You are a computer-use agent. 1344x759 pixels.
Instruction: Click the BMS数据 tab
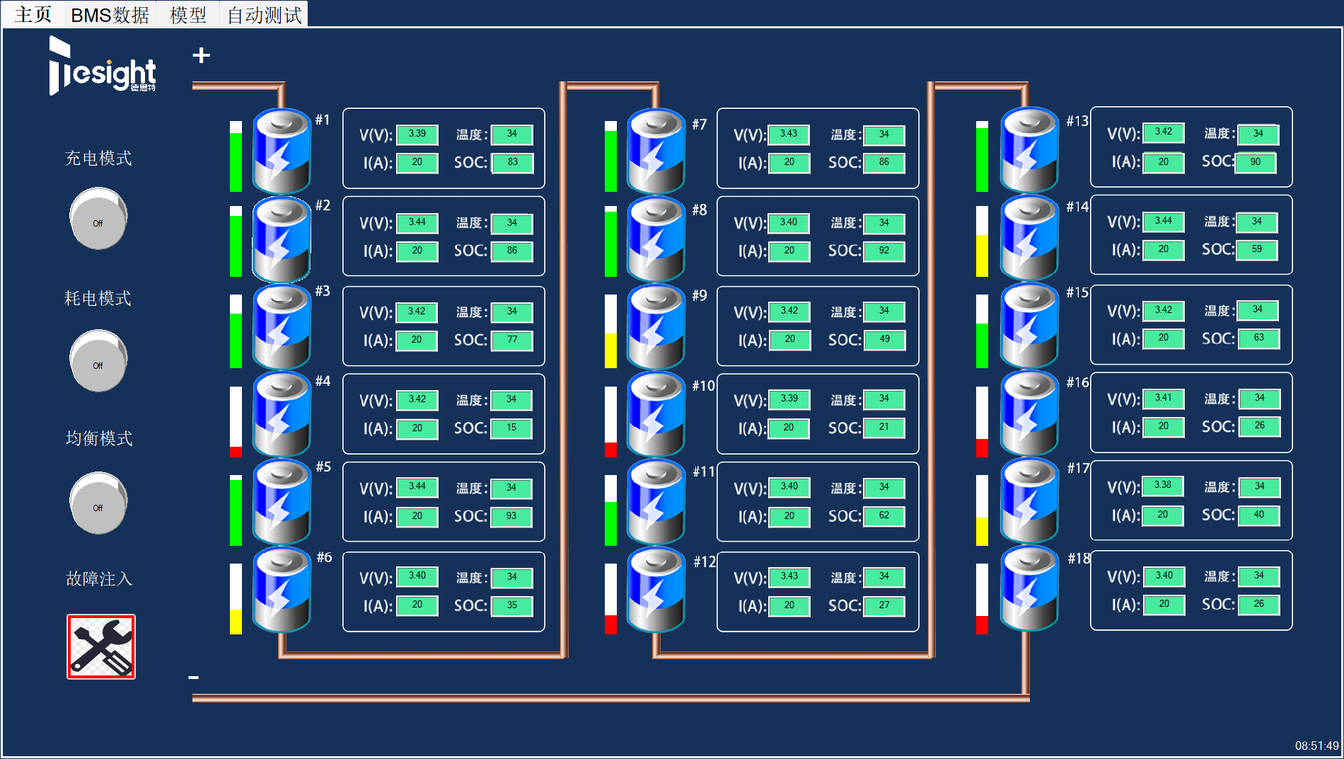pos(110,15)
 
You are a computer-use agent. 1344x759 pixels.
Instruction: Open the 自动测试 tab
pos(264,15)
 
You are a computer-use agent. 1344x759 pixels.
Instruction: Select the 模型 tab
pos(188,15)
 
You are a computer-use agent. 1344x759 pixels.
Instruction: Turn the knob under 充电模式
pos(98,218)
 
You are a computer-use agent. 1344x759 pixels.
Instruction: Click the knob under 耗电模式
pos(98,360)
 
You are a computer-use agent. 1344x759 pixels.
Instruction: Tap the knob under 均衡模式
pos(98,503)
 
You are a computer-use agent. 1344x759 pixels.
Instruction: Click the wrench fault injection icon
pos(101,646)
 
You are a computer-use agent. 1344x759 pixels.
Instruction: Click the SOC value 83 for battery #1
pos(512,163)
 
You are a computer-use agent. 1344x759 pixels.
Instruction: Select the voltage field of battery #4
pos(417,400)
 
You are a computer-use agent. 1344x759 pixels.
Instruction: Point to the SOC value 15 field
pos(511,428)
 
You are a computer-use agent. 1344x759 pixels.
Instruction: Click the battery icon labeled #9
pos(656,326)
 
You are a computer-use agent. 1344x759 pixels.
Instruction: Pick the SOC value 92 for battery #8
pos(884,251)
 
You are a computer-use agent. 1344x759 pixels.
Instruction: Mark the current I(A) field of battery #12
pos(789,606)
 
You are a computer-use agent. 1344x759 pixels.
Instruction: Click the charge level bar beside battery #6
pos(236,599)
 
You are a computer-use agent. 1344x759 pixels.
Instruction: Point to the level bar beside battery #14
pos(982,241)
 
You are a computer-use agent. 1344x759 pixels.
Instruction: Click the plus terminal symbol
pos(202,55)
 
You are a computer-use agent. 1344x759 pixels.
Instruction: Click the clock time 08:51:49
pos(1316,746)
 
